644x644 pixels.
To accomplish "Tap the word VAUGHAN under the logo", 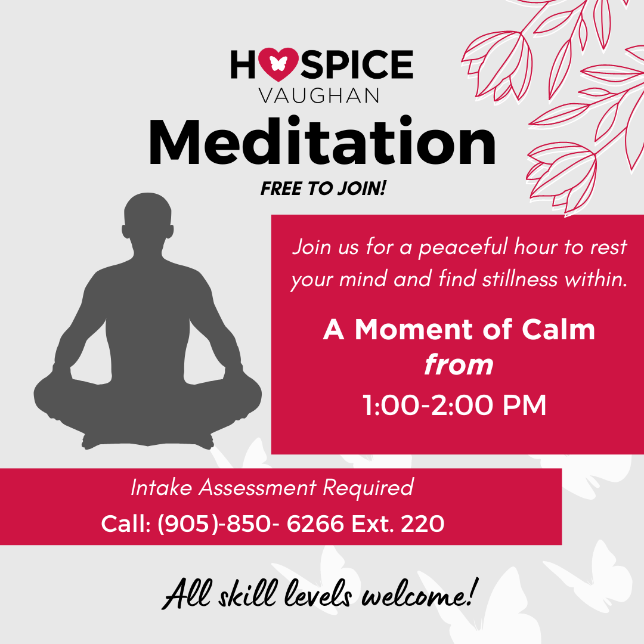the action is pos(318,95).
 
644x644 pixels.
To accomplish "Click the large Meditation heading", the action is pos(323,142).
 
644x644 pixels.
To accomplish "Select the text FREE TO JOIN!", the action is pos(323,188).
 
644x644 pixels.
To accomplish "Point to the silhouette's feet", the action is pos(148,440).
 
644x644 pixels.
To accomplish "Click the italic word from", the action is pos(459,365).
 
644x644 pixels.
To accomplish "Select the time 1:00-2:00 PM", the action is pos(454,405).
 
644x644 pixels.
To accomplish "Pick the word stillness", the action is pos(520,279).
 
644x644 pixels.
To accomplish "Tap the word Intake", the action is pos(162,488).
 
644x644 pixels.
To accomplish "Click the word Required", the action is pos(368,488).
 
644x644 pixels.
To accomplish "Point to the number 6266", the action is pos(315,524).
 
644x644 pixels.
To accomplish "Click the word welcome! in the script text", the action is pos(420,593).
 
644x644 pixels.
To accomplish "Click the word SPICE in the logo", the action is pos(357,64).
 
